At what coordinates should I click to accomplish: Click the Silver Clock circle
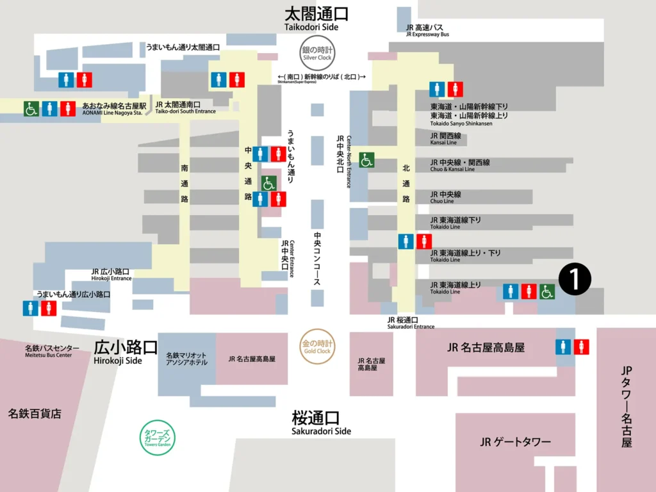(318, 54)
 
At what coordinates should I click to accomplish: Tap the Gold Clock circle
(318, 347)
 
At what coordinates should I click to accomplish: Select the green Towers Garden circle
(158, 437)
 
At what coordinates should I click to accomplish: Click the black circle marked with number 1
(575, 279)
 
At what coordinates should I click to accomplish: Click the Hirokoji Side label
(126, 352)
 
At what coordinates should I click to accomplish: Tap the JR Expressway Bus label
(427, 31)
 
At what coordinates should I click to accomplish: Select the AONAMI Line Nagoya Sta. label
(115, 109)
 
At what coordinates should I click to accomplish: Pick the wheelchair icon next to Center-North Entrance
(366, 160)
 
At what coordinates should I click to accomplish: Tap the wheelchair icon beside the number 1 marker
(546, 291)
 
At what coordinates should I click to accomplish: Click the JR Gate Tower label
(515, 442)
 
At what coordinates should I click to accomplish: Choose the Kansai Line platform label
(446, 139)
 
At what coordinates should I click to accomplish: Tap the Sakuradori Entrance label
(411, 323)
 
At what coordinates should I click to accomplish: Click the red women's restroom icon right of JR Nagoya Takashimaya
(581, 347)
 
